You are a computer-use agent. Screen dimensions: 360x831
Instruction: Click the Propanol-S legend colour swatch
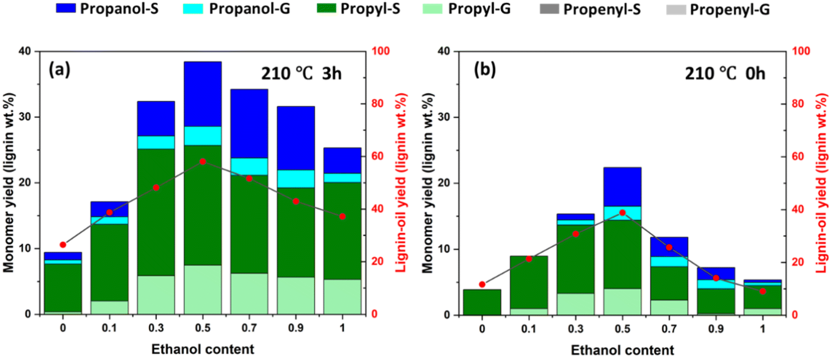(66, 9)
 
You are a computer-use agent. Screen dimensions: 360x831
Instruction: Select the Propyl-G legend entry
(479, 9)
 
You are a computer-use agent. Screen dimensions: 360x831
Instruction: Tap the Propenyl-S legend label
(602, 9)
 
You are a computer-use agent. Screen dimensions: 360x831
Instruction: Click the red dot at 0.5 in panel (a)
(202, 162)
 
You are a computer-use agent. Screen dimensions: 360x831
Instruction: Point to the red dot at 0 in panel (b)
(482, 284)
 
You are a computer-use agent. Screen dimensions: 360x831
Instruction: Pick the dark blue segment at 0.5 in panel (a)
(202, 94)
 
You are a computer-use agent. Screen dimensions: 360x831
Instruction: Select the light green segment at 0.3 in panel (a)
(156, 295)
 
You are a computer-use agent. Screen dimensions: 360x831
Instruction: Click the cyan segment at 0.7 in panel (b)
(669, 261)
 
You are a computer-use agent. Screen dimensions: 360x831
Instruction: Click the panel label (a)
(60, 70)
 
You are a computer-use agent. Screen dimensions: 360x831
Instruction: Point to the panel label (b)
(485, 70)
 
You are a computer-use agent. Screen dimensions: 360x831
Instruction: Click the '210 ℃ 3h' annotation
(301, 74)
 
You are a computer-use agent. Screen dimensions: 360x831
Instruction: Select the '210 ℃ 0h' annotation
(725, 74)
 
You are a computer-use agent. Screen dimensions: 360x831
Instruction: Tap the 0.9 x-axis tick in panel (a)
(296, 328)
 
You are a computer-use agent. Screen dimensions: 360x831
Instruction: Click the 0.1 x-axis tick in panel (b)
(529, 329)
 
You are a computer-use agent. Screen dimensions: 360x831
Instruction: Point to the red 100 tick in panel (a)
(380, 51)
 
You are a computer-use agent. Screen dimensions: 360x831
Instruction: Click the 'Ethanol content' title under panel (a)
(202, 349)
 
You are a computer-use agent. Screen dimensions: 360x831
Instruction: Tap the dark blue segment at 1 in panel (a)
(342, 160)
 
